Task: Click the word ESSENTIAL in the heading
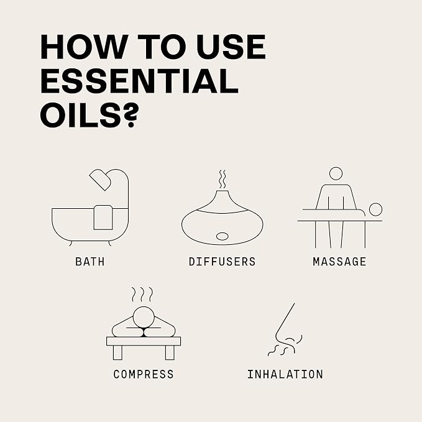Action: click(139, 81)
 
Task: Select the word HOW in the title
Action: click(81, 47)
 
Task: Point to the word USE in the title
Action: click(231, 47)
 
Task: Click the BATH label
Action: click(90, 262)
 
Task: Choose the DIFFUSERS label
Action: click(222, 262)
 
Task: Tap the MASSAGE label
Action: click(339, 262)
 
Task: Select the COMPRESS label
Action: click(144, 374)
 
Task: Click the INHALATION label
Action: click(285, 374)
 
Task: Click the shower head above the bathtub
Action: click(100, 180)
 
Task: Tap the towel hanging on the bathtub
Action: click(103, 218)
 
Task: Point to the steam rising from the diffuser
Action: click(222, 179)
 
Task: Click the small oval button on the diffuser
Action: click(222, 236)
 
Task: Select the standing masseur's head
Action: click(336, 173)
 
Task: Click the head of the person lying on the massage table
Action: click(375, 209)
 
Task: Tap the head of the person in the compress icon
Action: click(144, 318)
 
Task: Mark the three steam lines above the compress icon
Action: click(142, 295)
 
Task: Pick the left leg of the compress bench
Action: click(117, 352)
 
